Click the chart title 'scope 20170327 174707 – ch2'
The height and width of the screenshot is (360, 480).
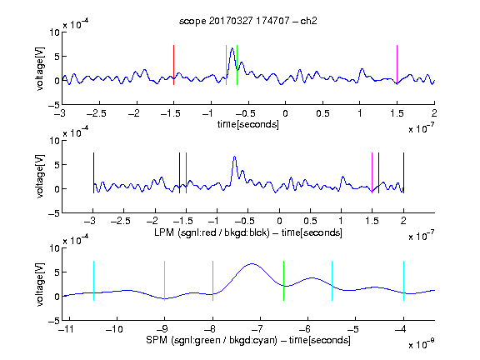[x=248, y=21]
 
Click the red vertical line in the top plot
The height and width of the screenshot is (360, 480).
[x=173, y=65]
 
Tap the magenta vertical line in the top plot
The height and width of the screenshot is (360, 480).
[x=397, y=65]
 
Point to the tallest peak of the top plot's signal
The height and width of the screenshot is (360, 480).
[x=232, y=48]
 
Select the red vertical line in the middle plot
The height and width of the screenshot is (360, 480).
[x=186, y=172]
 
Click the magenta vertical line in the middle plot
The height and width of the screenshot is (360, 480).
[x=372, y=172]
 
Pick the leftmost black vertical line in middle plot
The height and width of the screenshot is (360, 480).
[x=93, y=172]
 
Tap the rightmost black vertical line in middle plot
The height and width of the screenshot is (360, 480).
[x=403, y=172]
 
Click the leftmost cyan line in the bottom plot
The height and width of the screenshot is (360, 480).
[x=93, y=281]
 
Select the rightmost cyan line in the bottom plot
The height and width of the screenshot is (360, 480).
[x=403, y=281]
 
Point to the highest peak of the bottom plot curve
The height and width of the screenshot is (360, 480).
[x=252, y=263]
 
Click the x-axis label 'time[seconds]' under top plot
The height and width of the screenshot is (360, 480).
[x=248, y=124]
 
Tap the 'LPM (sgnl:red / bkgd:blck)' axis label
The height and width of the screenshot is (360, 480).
[x=212, y=232]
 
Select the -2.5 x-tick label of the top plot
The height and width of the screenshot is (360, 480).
[x=97, y=113]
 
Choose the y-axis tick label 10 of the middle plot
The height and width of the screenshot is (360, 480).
[x=54, y=141]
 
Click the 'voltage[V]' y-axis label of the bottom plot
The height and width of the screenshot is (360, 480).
[x=40, y=284]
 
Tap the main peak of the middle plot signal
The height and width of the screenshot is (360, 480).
[x=234, y=157]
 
